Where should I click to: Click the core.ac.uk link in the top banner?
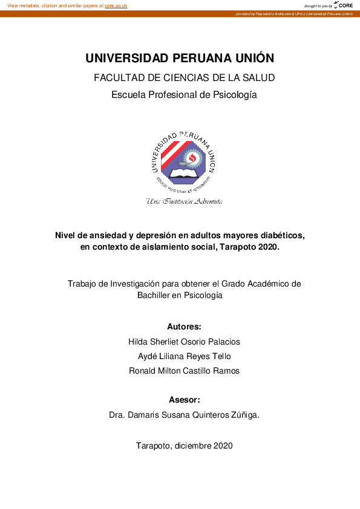pyautogui.click(x=116, y=5)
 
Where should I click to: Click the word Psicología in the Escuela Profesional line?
pyautogui.click(x=234, y=94)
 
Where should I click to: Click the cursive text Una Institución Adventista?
pyautogui.click(x=184, y=201)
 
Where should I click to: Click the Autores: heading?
pyautogui.click(x=184, y=327)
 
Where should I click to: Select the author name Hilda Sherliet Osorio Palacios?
pyautogui.click(x=184, y=342)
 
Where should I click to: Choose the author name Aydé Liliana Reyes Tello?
pyautogui.click(x=184, y=356)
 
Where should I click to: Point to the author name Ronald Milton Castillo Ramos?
pyautogui.click(x=184, y=371)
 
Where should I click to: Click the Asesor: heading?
pyautogui.click(x=184, y=400)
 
